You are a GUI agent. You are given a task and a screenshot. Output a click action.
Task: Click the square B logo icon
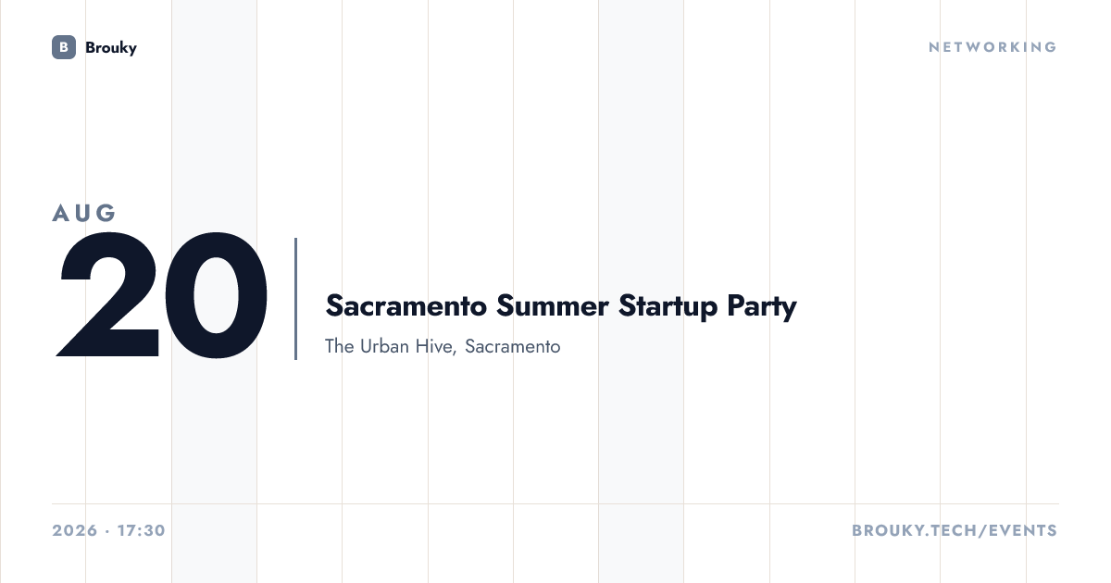point(64,47)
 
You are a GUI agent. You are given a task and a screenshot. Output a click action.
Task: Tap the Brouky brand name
point(111,47)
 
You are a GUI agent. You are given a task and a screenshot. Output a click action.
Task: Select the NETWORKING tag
point(992,47)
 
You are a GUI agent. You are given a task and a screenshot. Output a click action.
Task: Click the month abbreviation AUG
point(84,213)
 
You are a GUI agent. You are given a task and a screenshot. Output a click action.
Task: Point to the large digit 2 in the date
point(108,294)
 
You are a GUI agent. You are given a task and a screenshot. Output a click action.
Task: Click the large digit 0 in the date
point(216,295)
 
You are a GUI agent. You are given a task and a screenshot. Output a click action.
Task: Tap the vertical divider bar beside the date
point(295,298)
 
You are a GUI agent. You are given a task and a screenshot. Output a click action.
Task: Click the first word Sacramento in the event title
point(406,305)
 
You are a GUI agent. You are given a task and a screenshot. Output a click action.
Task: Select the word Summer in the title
point(552,305)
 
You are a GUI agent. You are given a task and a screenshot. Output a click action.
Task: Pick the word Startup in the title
point(668,306)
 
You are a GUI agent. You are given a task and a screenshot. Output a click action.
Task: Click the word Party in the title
point(762,306)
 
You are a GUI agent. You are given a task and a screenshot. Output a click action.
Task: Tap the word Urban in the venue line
point(384,346)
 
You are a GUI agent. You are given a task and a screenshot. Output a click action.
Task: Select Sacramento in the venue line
point(512,346)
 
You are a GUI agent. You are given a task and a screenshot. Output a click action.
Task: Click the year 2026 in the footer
point(75,530)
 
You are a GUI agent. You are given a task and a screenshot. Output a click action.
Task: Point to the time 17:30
point(142,530)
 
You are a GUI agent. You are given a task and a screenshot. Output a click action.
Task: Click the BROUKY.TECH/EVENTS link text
point(955,530)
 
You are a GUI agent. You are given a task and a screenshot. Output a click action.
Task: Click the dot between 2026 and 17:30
point(107,531)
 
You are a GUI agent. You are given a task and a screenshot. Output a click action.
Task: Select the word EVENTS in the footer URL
point(1023,530)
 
